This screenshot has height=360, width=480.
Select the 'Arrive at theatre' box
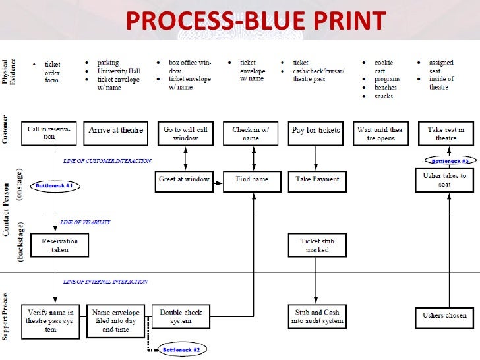(116, 131)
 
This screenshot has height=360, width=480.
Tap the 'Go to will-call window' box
(185, 134)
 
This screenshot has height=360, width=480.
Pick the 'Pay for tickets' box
(316, 131)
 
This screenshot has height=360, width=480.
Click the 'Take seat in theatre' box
(446, 134)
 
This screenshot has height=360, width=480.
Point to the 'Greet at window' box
(185, 179)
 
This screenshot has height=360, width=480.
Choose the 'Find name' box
(252, 180)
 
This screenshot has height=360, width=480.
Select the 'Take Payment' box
(317, 179)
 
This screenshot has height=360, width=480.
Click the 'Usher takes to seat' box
(444, 180)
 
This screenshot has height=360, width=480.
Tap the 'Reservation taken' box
(60, 245)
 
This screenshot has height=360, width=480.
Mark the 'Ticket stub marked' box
(317, 245)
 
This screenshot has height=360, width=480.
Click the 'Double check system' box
(181, 316)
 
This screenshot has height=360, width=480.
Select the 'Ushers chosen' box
(445, 316)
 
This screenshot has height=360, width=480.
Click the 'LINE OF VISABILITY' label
(86, 223)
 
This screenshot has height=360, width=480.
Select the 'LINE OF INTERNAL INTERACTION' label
(105, 282)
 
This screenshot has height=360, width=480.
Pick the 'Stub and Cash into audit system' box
(316, 316)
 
